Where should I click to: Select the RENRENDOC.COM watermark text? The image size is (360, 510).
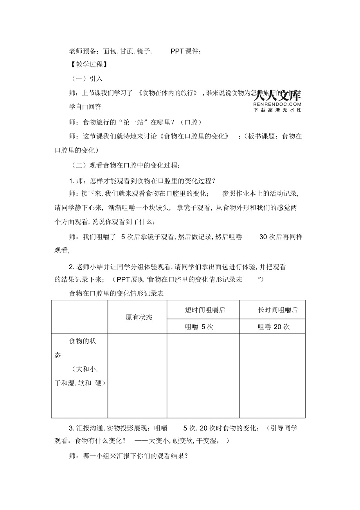277,104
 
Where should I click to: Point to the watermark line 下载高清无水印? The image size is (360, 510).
277,110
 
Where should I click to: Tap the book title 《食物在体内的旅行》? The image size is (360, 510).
168,93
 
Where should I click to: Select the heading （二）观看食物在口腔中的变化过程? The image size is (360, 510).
125,165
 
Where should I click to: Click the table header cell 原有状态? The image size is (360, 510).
139,317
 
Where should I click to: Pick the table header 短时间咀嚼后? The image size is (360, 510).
205,310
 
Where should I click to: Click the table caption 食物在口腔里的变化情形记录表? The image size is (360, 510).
116,293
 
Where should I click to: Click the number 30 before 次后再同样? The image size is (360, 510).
263,236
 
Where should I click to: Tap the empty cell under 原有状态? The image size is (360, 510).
137,375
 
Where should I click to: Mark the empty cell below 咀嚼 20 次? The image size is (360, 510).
272,375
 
